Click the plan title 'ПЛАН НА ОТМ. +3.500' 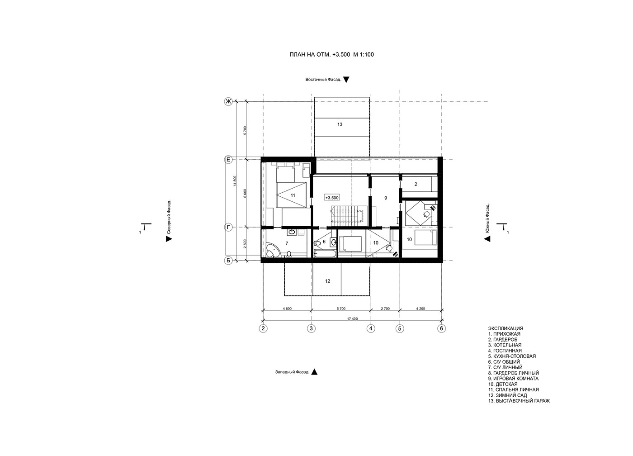pyautogui.click(x=320, y=55)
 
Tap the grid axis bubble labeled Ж pyautogui.click(x=228, y=101)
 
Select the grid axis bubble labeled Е pyautogui.click(x=228, y=160)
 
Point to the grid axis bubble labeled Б pyautogui.click(x=228, y=261)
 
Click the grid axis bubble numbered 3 pyautogui.click(x=312, y=328)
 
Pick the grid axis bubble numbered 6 pyautogui.click(x=442, y=328)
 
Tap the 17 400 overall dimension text pyautogui.click(x=352, y=319)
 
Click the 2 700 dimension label pyautogui.click(x=385, y=309)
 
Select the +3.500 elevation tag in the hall pyautogui.click(x=332, y=198)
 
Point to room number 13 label pyautogui.click(x=340, y=124)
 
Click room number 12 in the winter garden pyautogui.click(x=327, y=281)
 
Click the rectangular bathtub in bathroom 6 pyautogui.click(x=325, y=254)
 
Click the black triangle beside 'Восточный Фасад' pyautogui.click(x=346, y=80)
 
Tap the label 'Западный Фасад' pyautogui.click(x=292, y=372)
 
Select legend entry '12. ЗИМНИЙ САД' pyautogui.click(x=507, y=395)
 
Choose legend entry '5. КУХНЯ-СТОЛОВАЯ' pyautogui.click(x=512, y=356)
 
